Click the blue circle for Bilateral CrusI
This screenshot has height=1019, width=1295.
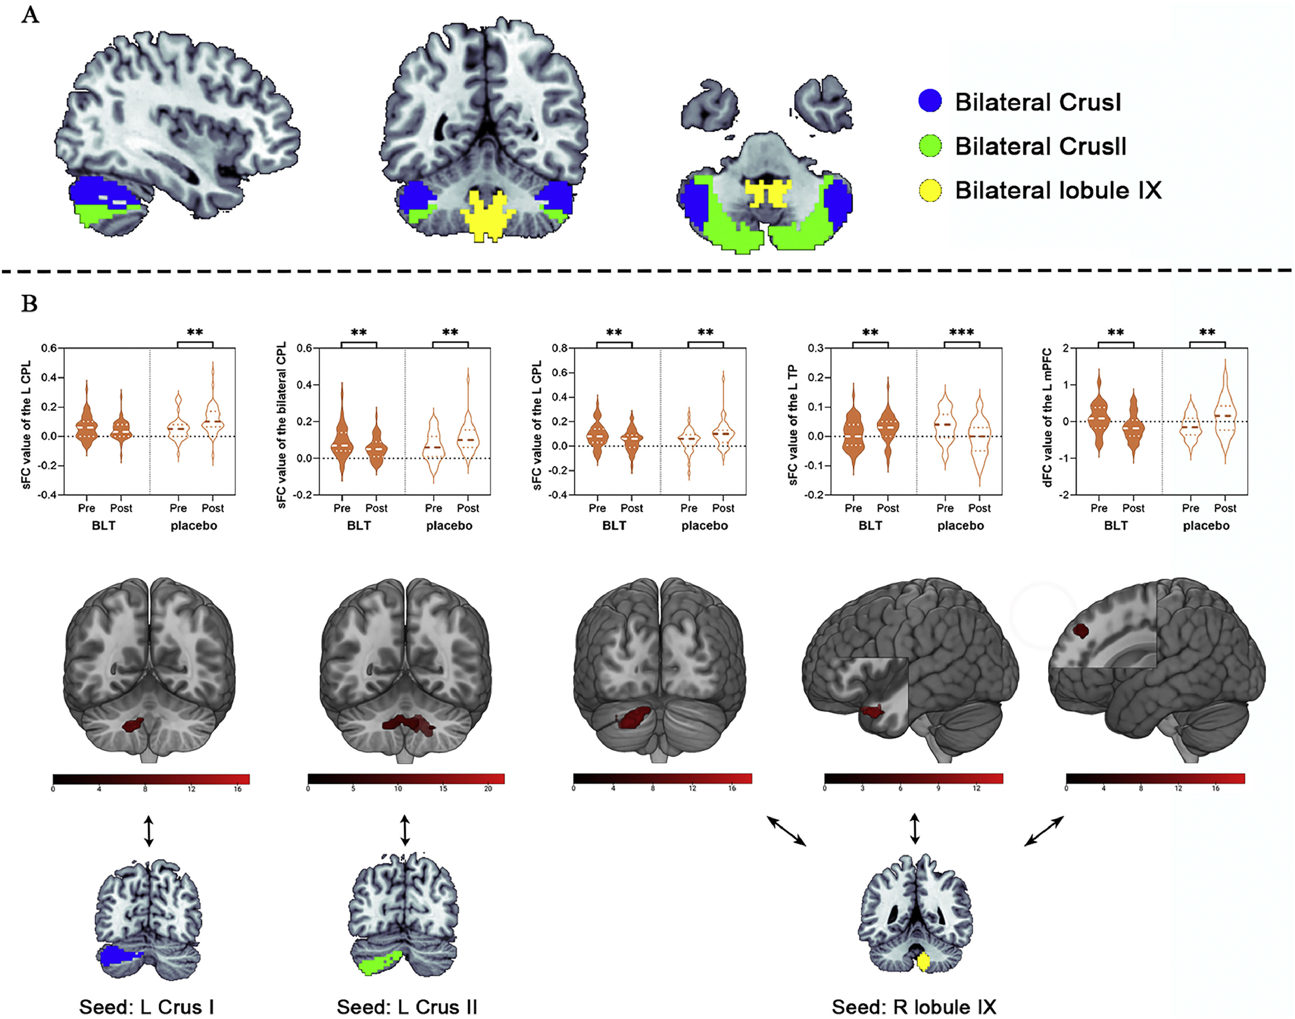point(930,101)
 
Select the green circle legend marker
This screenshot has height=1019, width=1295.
point(930,145)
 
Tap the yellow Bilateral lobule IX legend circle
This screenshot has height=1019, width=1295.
point(930,190)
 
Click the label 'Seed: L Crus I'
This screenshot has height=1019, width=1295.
point(147,1007)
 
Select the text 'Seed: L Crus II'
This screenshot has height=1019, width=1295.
point(407,1007)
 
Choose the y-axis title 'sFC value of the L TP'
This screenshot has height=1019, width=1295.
point(793,425)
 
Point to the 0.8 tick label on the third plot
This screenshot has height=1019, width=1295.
point(559,349)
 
